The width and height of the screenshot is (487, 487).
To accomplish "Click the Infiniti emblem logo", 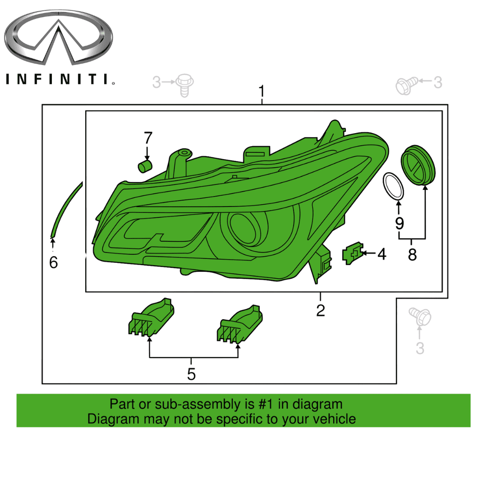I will click(58, 38).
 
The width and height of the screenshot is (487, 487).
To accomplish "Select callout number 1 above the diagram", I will click(262, 92).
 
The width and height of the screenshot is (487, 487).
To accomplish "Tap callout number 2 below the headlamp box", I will click(320, 310).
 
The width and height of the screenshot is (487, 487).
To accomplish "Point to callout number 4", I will click(381, 254).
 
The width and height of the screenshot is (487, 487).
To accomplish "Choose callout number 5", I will click(191, 374).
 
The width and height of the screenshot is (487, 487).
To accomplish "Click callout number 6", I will click(54, 262).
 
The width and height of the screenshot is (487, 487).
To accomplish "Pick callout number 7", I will click(148, 138).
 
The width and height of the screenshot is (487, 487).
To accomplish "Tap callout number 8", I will click(412, 255).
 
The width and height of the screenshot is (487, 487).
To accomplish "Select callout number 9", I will click(400, 223).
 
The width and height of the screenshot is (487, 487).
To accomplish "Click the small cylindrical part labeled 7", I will click(145, 165).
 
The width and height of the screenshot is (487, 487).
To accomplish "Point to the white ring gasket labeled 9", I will click(393, 186).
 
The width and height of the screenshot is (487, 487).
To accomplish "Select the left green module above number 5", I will click(151, 319).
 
